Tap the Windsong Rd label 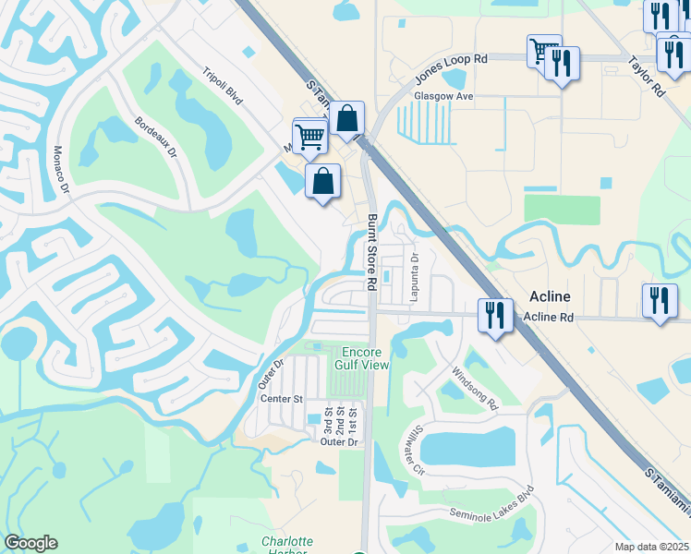(x=475, y=389)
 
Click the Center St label (x=282, y=399)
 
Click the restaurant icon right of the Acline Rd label (x=659, y=300)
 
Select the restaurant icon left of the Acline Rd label (x=495, y=315)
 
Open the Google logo (x=30, y=543)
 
